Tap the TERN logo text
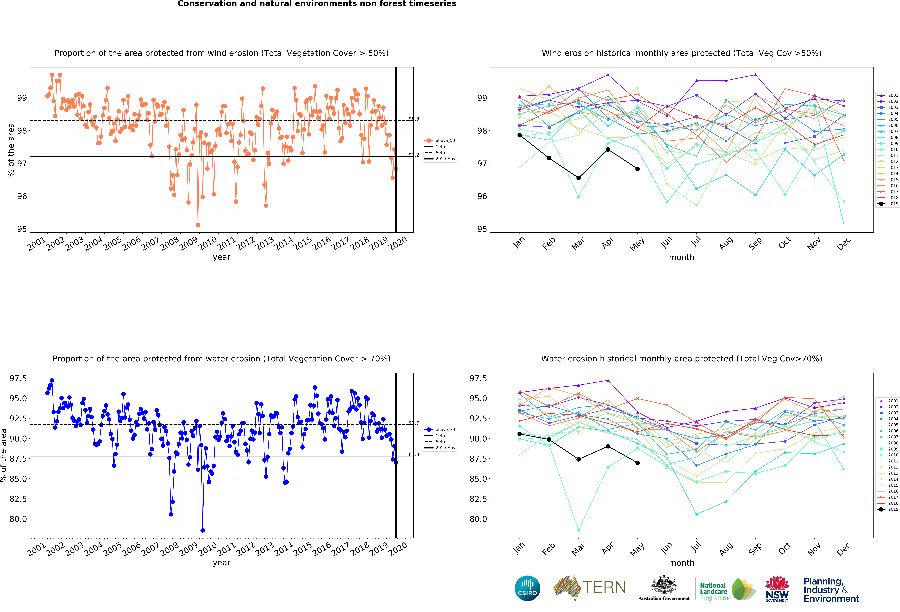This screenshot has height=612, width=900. pos(604,587)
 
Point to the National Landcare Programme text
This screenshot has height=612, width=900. pos(715,592)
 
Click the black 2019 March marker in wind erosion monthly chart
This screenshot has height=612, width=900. pos(579,178)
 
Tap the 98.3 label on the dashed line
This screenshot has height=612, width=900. pos(414,119)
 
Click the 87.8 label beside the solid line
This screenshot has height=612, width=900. pos(414,454)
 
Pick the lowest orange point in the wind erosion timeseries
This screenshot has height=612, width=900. pos(198,225)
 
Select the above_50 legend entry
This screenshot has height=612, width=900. pos(440,141)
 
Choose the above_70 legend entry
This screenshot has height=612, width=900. pos(440,430)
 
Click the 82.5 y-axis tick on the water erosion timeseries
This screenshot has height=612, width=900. pos(18,499)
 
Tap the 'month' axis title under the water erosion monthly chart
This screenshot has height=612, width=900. pos(682,563)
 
